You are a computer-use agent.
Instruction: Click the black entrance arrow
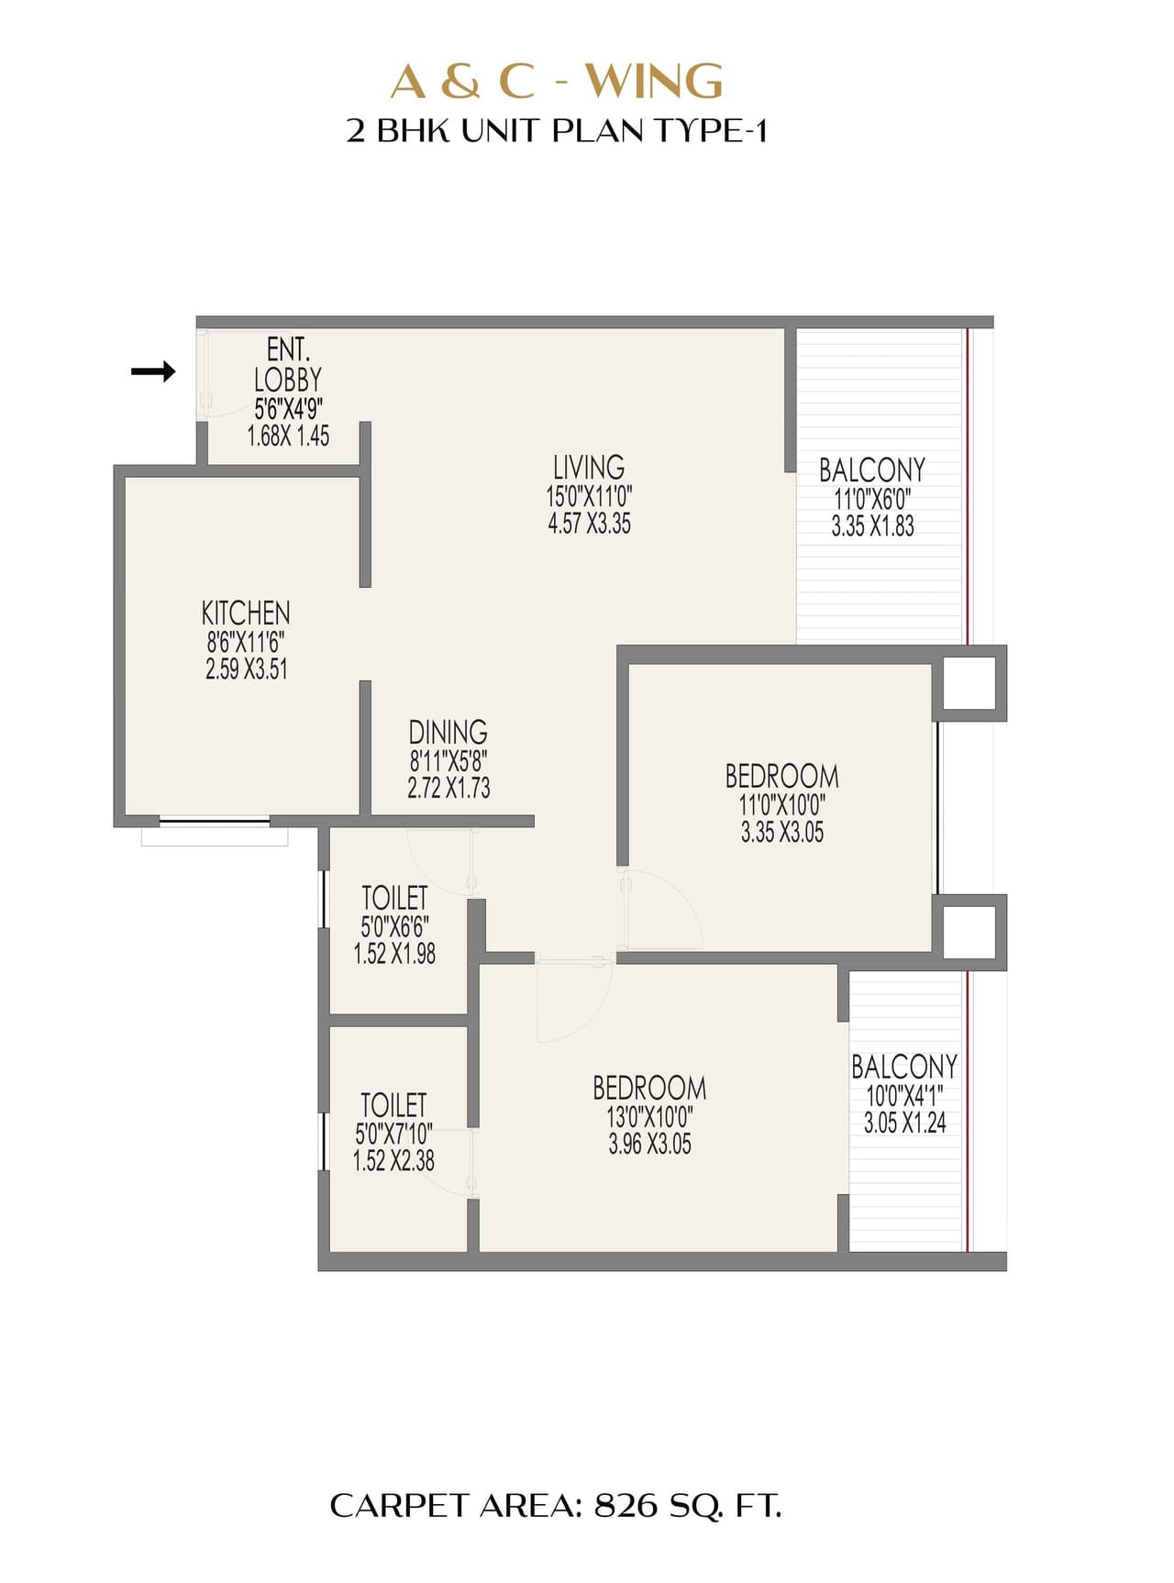[153, 371]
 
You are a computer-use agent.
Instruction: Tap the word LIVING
[589, 467]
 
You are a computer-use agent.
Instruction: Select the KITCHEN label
[246, 613]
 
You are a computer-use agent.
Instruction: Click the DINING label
[448, 732]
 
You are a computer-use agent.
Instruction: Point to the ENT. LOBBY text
[288, 365]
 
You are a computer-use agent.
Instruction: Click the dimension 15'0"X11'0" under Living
[589, 497]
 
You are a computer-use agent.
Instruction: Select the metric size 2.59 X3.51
[246, 670]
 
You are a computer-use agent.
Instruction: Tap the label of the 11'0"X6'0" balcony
[871, 470]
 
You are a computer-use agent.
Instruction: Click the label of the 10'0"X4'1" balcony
[903, 1067]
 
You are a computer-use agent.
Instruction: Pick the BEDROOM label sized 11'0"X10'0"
[781, 777]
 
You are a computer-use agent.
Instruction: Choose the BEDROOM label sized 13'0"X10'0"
[649, 1089]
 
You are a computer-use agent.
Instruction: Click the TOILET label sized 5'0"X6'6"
[394, 897]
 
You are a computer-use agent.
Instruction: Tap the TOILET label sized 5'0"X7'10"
[393, 1104]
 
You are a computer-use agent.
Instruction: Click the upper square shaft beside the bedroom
[969, 682]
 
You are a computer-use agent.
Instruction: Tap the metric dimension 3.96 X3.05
[649, 1145]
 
